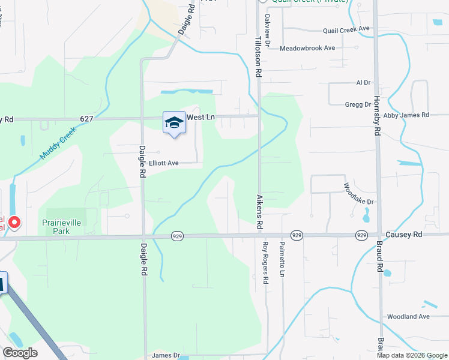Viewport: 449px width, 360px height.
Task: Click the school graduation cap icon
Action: [174, 122]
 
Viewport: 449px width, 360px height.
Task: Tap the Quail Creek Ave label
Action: [345, 29]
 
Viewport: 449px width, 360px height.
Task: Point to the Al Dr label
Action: [363, 83]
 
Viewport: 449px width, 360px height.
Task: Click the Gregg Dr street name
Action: [358, 104]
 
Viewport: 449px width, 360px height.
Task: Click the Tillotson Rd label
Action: [258, 55]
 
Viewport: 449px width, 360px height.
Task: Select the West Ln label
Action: [200, 118]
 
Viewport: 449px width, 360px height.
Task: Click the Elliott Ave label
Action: [164, 163]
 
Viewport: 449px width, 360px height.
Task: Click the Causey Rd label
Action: [405, 234]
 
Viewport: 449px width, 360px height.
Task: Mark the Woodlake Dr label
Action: [359, 193]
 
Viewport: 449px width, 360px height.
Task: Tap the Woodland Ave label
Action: [408, 316]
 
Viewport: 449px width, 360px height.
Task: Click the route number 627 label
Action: [86, 119]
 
